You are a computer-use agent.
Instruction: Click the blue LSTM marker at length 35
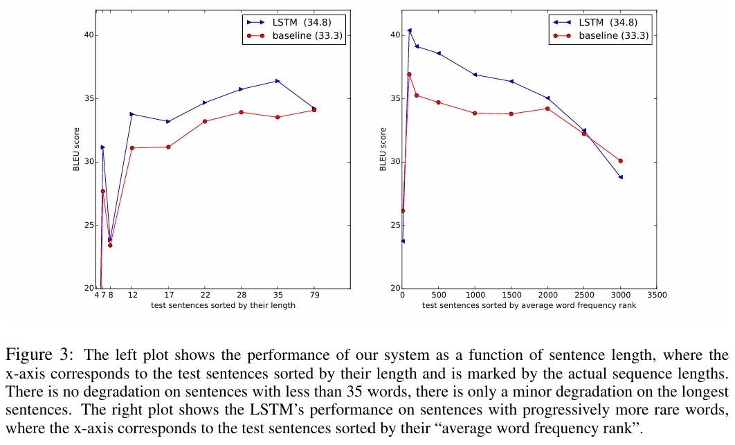(x=278, y=81)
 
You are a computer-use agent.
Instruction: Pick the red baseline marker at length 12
(x=131, y=148)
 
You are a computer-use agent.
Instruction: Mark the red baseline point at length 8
(x=110, y=245)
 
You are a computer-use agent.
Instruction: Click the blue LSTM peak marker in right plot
(x=410, y=30)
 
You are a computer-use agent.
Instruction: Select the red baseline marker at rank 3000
(x=620, y=161)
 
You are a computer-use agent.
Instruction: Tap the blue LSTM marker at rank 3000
(x=620, y=177)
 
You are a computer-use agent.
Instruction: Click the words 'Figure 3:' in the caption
(x=37, y=355)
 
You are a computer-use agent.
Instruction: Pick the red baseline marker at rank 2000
(x=547, y=109)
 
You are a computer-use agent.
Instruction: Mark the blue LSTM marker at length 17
(x=168, y=122)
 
